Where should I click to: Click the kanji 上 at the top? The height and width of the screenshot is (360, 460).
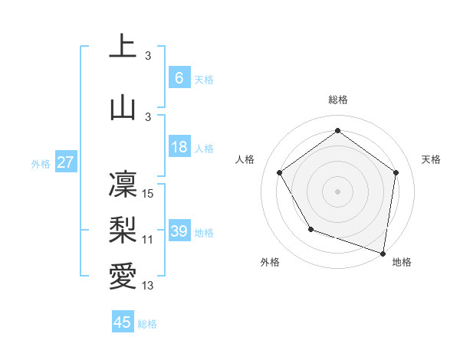(x=123, y=47)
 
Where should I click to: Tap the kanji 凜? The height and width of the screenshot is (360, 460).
(x=123, y=182)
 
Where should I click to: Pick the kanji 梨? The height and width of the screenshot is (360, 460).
(x=123, y=227)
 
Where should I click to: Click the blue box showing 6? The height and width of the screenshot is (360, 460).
(x=179, y=78)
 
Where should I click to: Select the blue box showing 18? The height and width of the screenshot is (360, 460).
(x=179, y=147)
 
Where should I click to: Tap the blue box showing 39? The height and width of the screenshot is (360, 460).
(x=179, y=231)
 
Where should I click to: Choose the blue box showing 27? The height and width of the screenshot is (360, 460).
(x=66, y=162)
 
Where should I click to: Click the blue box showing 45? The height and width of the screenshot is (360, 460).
(x=123, y=322)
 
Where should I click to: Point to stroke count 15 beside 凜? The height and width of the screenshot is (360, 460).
(x=149, y=194)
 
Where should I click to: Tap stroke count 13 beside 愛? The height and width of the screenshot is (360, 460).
(x=149, y=286)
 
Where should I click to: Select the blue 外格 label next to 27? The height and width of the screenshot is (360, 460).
(x=41, y=164)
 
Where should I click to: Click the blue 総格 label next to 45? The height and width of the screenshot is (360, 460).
(x=147, y=324)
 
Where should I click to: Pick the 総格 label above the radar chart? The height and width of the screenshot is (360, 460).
(x=338, y=100)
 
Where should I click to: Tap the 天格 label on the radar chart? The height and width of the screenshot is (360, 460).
(x=431, y=159)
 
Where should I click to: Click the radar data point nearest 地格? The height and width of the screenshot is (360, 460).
(x=383, y=253)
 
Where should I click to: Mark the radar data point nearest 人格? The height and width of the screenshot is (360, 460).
(x=280, y=172)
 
